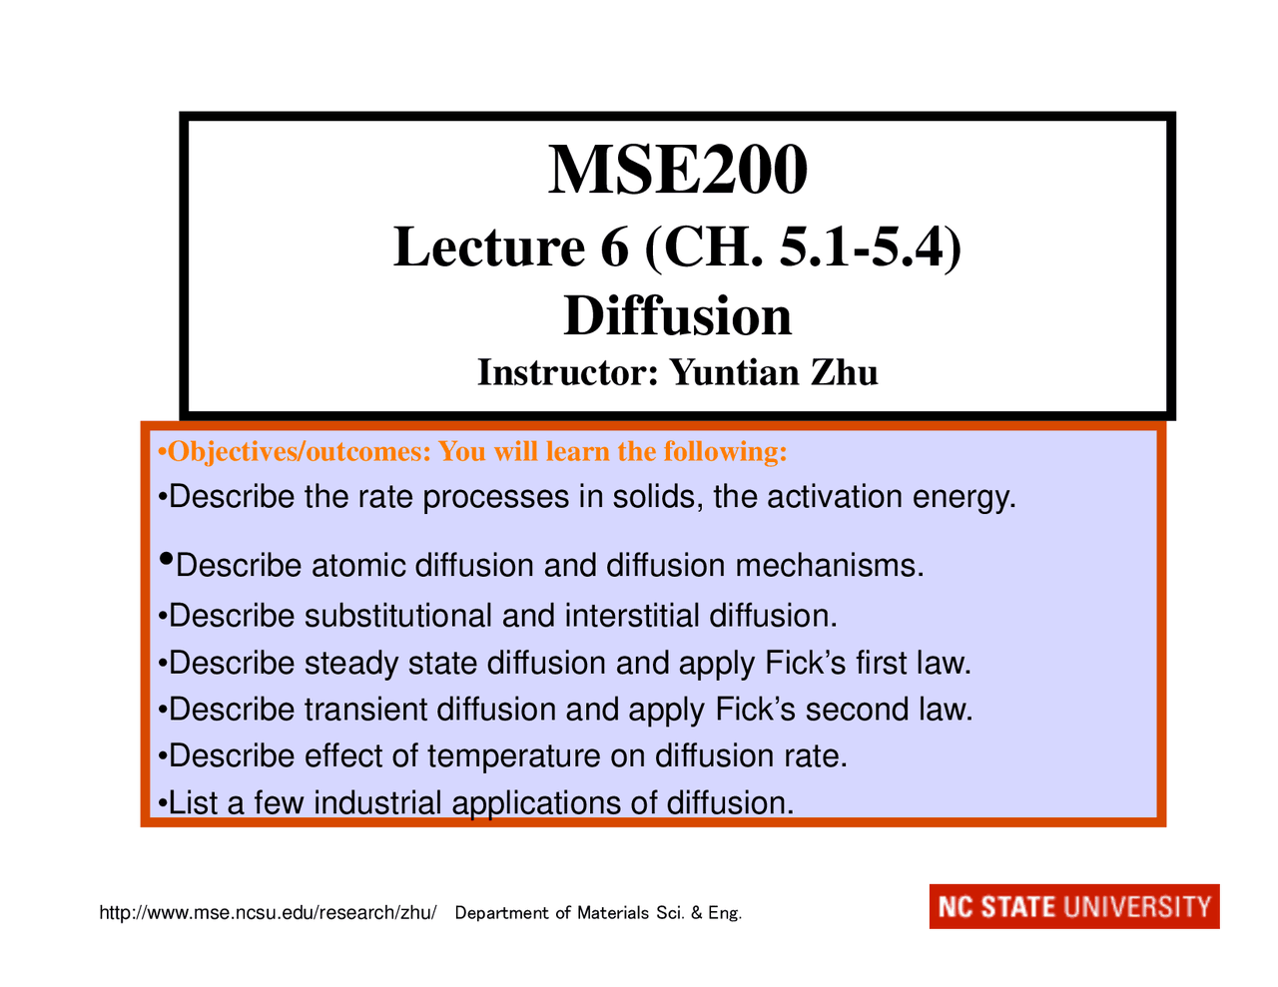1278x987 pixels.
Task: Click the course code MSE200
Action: coord(677,170)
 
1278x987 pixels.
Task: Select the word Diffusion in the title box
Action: coord(677,316)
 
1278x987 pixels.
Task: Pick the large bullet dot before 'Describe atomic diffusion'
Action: coord(167,560)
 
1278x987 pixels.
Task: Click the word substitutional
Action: coord(398,616)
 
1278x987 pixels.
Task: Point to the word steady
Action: coord(351,663)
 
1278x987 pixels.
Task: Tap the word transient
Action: coord(366,710)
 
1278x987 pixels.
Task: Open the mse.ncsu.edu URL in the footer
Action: coord(268,913)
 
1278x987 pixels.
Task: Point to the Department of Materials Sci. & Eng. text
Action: coord(598,913)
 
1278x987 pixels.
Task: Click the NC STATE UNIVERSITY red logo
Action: coord(1073,906)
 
